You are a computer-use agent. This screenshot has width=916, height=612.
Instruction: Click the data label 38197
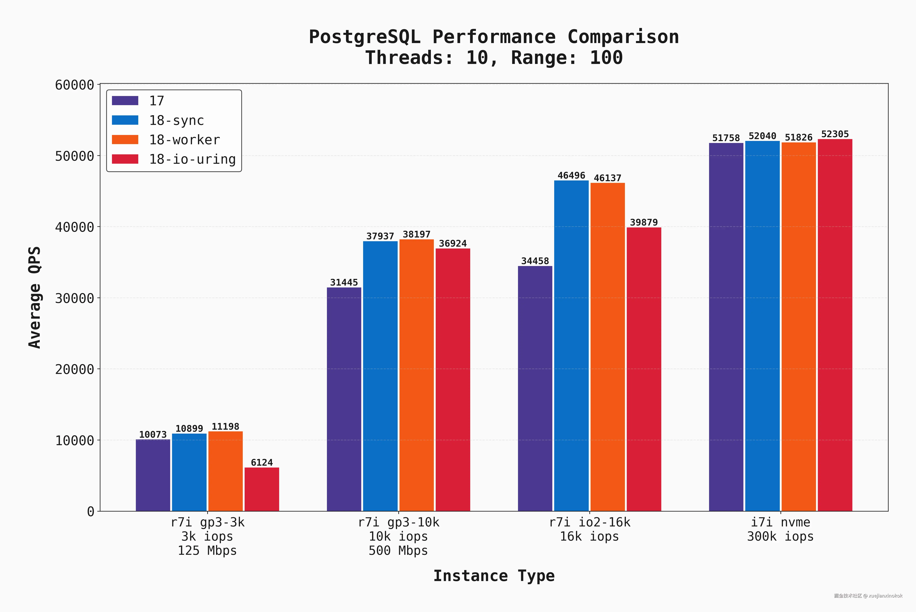[x=416, y=234]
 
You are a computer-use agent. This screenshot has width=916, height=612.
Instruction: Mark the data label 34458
[x=535, y=261]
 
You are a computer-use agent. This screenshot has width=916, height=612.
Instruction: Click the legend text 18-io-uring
[x=192, y=159]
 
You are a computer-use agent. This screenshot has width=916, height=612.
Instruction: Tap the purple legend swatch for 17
[x=125, y=101]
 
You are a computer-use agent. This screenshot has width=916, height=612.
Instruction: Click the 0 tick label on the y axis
[x=91, y=511]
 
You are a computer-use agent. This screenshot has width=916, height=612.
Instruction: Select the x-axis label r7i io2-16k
[x=589, y=522]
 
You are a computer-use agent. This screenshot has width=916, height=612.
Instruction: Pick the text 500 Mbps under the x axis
[x=398, y=551]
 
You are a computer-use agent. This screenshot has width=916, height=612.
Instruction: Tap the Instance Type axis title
[x=494, y=576]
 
